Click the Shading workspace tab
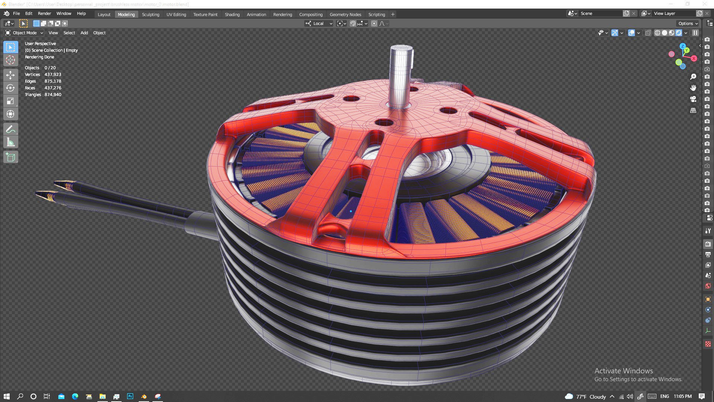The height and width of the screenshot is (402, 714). tap(232, 15)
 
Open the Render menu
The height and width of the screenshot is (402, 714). tap(44, 13)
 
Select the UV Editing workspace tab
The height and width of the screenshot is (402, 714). tap(176, 15)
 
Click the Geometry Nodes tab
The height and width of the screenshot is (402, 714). tap(345, 15)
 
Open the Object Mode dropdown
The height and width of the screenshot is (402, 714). tap(24, 33)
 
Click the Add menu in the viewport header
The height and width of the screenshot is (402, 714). tap(84, 33)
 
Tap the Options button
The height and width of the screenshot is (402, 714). tap(688, 23)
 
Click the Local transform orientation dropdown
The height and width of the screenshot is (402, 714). tap(319, 23)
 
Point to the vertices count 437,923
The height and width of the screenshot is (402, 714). tap(53, 74)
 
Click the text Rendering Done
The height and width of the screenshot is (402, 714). tap(39, 57)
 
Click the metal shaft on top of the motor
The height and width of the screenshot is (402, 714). tap(401, 74)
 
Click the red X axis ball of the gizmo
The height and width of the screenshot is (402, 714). tap(694, 58)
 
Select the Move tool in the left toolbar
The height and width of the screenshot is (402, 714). tap(10, 75)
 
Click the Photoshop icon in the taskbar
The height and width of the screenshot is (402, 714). tap(130, 396)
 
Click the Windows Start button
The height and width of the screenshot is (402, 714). tap(6, 396)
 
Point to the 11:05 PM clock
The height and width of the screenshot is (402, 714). tap(682, 396)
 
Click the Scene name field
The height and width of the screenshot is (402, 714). tap(600, 13)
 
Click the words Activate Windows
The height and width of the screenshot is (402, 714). tap(623, 371)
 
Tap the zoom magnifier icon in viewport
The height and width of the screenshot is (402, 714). tap(693, 77)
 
